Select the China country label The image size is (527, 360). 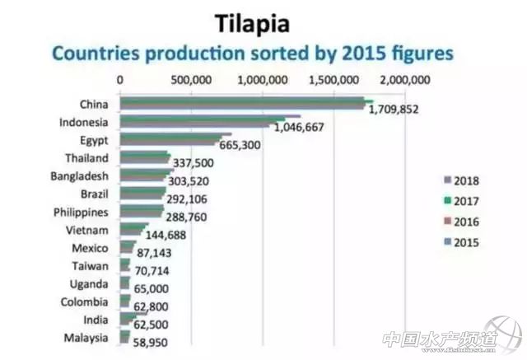[94, 104]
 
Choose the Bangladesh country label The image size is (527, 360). [78, 175]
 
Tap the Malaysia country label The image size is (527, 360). [85, 338]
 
